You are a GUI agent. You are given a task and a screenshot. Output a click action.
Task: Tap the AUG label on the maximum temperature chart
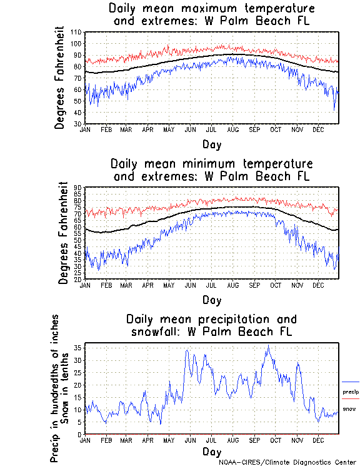[232, 129]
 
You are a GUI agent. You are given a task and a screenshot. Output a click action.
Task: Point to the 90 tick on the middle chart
[79, 188]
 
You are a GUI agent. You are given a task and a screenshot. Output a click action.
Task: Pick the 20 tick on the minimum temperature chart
[79, 279]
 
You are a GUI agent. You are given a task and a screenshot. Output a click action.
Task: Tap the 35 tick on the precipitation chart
[79, 348]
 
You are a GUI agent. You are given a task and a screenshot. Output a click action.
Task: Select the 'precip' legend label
[351, 392]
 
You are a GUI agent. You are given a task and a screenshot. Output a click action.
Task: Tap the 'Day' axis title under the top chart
[211, 144]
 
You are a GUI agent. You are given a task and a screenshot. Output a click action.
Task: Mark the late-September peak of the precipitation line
[269, 345]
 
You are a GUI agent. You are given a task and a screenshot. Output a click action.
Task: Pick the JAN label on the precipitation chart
[86, 440]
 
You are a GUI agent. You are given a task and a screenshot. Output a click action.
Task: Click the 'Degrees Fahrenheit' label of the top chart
[59, 78]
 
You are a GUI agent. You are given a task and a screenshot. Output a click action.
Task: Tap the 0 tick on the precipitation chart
[81, 434]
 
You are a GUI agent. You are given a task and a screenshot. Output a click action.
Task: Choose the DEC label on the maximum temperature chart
[318, 129]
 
